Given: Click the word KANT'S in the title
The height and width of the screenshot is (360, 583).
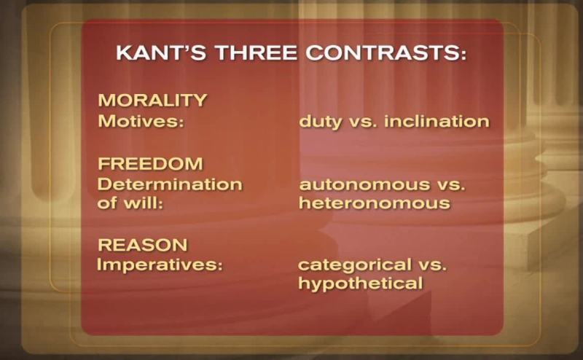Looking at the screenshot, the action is pyautogui.click(x=161, y=52).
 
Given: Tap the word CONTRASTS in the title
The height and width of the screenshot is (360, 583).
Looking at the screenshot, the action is pyautogui.click(x=386, y=52).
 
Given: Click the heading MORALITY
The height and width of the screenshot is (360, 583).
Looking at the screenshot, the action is pyautogui.click(x=152, y=101).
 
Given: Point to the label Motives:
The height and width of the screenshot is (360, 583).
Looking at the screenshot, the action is pyautogui.click(x=141, y=121).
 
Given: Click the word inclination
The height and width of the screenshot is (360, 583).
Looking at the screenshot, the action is pyautogui.click(x=437, y=121).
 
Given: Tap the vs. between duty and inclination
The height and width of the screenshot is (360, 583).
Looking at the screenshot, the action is pyautogui.click(x=363, y=122).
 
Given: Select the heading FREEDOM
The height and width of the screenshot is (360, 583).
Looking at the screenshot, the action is pyautogui.click(x=151, y=164).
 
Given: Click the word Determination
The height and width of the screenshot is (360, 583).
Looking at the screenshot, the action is pyautogui.click(x=170, y=184).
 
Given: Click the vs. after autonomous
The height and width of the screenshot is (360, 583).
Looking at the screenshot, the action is pyautogui.click(x=451, y=186).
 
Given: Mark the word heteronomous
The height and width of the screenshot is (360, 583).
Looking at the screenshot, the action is pyautogui.click(x=375, y=203).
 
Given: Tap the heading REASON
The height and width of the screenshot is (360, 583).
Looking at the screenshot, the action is pyautogui.click(x=143, y=245).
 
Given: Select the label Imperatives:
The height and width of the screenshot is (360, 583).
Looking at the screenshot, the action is pyautogui.click(x=160, y=265).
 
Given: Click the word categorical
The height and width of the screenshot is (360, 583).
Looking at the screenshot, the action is pyautogui.click(x=355, y=266).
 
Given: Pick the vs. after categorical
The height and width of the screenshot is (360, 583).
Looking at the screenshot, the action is pyautogui.click(x=433, y=265).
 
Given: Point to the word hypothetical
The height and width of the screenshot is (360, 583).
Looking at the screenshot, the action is pyautogui.click(x=361, y=284).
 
